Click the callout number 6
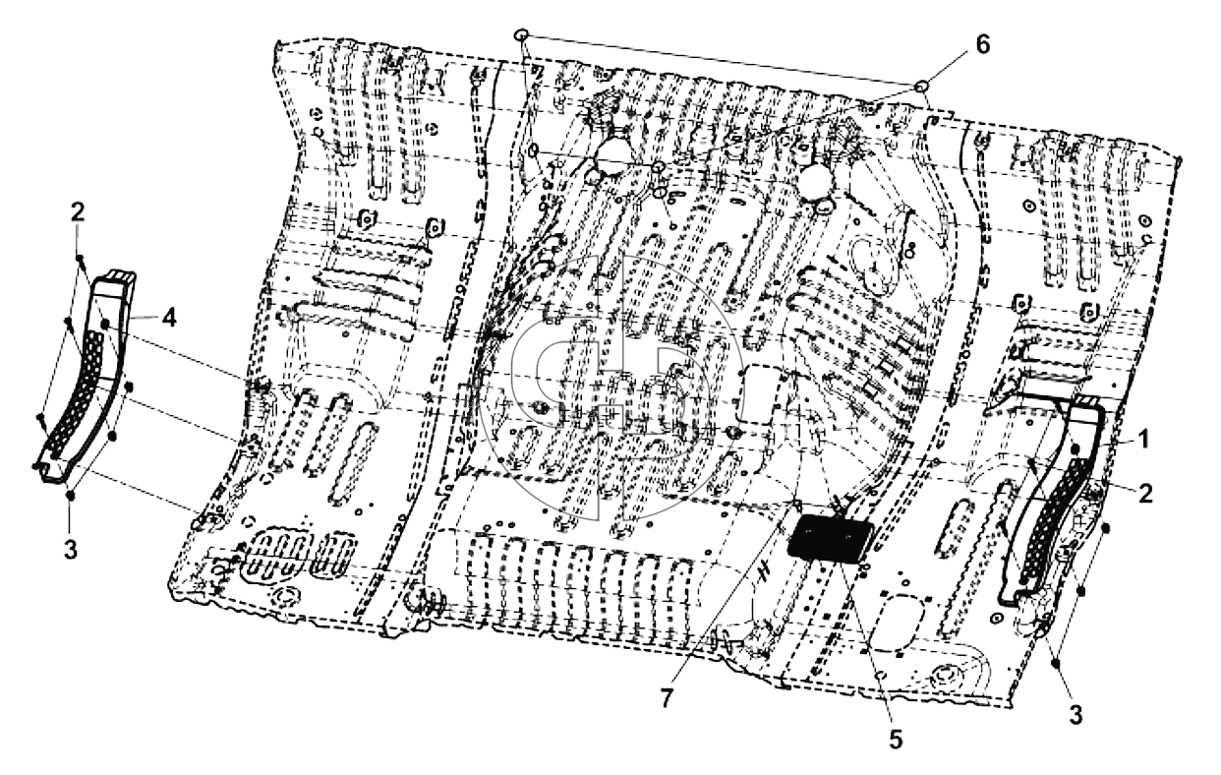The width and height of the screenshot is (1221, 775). [982, 45]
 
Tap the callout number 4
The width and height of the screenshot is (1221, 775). [169, 318]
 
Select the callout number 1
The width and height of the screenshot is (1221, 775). [1144, 439]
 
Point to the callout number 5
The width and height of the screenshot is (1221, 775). [896, 739]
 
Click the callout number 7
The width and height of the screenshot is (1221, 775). [667, 698]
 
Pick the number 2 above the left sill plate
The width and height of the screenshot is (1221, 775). [78, 212]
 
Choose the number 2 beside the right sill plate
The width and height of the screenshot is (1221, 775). [1145, 494]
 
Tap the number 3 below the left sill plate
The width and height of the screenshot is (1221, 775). [71, 550]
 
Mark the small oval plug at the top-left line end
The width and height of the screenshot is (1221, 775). [522, 35]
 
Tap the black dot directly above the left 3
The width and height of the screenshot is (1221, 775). [71, 495]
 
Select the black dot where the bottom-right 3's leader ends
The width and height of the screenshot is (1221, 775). [1057, 663]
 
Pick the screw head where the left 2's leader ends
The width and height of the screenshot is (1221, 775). [81, 258]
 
